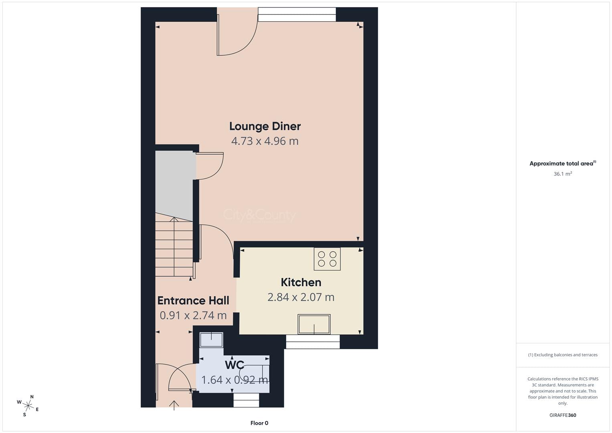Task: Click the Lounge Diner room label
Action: click(265, 126)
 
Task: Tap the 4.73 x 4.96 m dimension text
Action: click(265, 141)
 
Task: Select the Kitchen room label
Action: click(301, 282)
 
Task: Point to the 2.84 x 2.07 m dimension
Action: click(301, 297)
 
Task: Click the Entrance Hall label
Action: click(193, 301)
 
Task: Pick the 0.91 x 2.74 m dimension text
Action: click(193, 316)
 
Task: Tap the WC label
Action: click(234, 365)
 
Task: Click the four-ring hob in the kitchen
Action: click(327, 259)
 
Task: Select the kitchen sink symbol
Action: click(314, 324)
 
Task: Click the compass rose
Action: click(28, 406)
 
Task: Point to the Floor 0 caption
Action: click(259, 423)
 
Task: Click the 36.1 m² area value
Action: click(563, 174)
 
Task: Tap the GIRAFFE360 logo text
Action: click(563, 415)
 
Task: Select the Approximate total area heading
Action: click(563, 163)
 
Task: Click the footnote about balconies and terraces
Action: click(563, 355)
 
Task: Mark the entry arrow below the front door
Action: click(174, 406)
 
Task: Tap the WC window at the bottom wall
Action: click(246, 400)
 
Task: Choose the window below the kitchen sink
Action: click(313, 342)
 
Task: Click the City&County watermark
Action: click(259, 215)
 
